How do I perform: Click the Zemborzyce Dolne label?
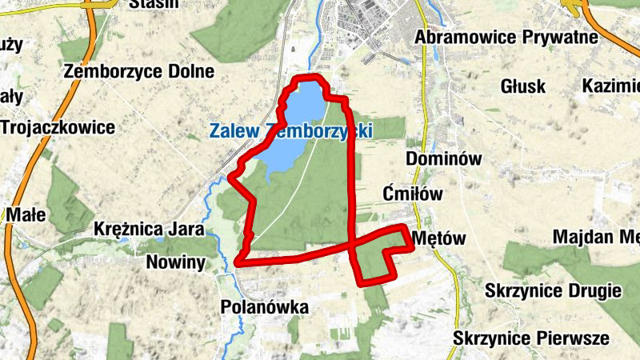[140, 70]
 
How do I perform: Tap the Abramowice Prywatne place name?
[507, 37]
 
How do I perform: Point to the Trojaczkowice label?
[58, 127]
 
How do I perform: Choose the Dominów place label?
[444, 158]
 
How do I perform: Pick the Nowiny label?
[176, 262]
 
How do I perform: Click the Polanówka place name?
[264, 307]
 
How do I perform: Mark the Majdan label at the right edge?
[600, 237]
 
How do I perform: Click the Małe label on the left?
[27, 214]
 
